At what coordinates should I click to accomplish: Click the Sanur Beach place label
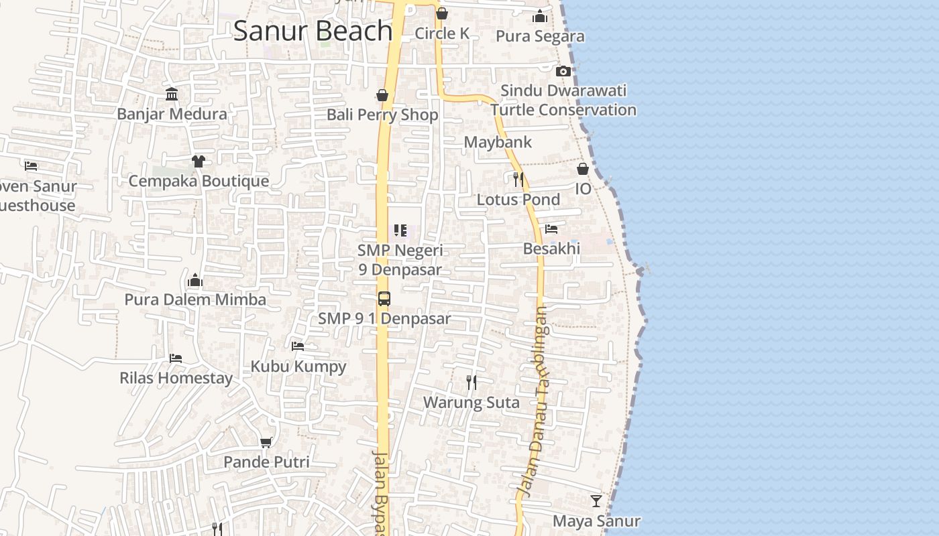313,31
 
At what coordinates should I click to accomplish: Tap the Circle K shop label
442,33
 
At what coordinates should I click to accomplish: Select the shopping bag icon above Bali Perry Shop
382,95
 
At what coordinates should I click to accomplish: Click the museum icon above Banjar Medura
172,94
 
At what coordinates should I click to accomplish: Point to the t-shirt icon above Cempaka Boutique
198,161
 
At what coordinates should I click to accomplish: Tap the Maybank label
498,142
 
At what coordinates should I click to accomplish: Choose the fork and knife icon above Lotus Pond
518,179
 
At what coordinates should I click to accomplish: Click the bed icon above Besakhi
551,228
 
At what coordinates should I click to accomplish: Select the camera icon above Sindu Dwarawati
563,71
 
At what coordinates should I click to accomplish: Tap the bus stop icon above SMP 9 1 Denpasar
384,299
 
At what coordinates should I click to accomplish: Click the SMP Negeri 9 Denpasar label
400,260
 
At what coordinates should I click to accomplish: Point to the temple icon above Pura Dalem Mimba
195,279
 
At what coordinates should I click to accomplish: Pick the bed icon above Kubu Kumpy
298,346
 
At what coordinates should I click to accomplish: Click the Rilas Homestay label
176,378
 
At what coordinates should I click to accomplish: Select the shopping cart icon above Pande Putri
266,442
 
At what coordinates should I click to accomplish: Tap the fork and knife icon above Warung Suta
472,383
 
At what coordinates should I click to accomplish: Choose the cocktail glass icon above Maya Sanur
596,501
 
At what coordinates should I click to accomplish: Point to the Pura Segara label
540,36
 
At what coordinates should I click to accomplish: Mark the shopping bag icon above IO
583,169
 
